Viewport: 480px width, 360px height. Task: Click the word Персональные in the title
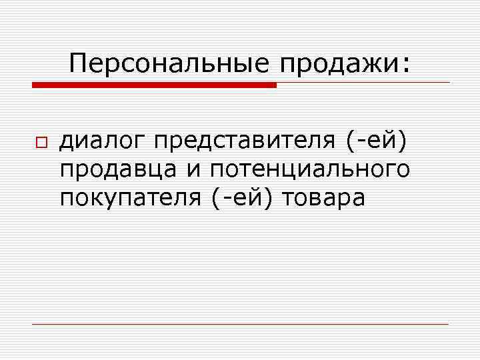168,65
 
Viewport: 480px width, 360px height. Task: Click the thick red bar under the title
154,85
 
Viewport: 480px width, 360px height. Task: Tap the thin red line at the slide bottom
240,324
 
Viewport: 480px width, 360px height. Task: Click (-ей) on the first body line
376,142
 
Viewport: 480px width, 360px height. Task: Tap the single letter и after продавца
193,171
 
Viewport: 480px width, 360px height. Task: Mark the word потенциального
310,171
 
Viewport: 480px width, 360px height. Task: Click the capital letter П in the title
79,65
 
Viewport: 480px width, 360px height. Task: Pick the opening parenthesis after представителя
351,142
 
